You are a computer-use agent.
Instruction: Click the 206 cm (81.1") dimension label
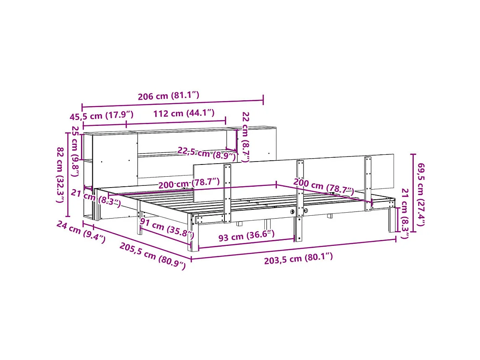[x=168, y=96]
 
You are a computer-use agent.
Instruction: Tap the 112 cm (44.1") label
[x=184, y=113]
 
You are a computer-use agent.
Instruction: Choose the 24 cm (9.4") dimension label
[x=81, y=232]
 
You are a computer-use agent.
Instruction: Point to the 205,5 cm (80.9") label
[x=152, y=256]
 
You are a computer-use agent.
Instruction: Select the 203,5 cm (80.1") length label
[x=298, y=257]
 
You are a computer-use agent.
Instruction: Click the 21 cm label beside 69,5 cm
[x=404, y=214]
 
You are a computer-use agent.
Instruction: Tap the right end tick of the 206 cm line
[x=263, y=100]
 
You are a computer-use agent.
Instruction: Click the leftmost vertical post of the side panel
[x=227, y=193]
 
